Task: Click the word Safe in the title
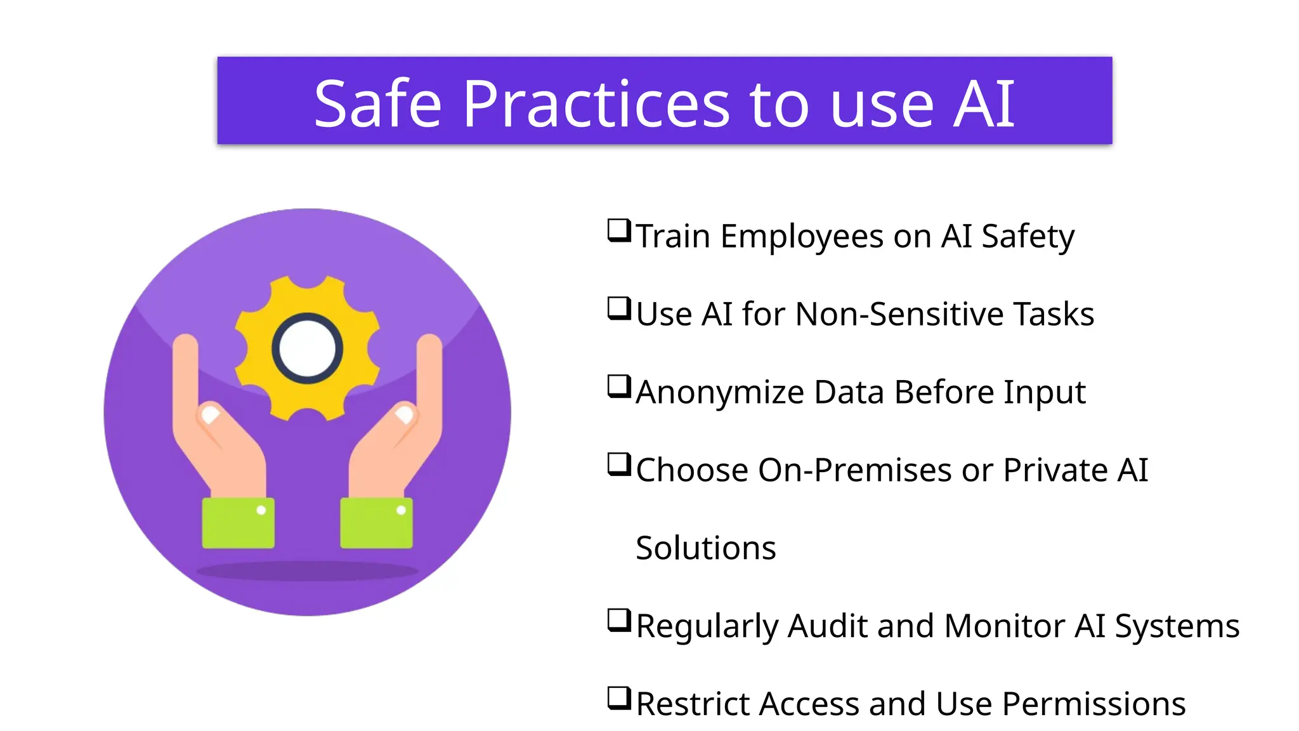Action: tap(377, 103)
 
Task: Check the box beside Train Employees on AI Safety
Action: tap(619, 230)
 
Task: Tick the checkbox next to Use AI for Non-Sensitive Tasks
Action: tap(619, 308)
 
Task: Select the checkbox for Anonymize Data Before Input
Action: tap(619, 386)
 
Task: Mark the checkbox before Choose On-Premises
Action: tap(619, 464)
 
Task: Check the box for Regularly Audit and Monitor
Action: tap(619, 621)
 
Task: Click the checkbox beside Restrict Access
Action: tap(619, 699)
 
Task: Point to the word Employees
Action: tap(802, 237)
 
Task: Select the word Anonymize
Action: tap(720, 392)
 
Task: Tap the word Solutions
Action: tap(705, 548)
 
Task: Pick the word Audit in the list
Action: tap(828, 626)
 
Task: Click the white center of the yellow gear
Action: tap(308, 348)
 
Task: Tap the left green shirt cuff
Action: tap(238, 524)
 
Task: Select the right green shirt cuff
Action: tap(376, 524)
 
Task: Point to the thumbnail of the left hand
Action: tap(209, 416)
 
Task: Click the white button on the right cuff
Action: tap(401, 510)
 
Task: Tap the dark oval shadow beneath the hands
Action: tap(308, 570)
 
